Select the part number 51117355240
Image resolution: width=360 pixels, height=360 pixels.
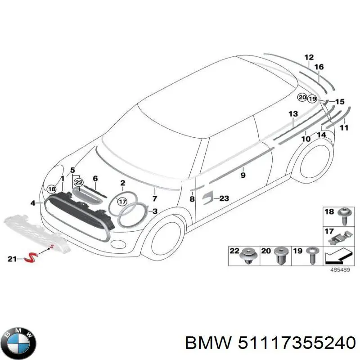293,343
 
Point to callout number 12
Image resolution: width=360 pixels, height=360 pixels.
309,57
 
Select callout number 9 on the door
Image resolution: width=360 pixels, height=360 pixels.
243,175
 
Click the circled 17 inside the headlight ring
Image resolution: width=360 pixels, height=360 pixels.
122,202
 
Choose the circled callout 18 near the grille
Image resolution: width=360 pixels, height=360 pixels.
52,189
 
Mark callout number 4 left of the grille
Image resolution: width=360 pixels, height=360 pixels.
33,203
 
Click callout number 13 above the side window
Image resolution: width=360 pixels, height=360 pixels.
293,113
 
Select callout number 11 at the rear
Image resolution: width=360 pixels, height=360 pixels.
344,128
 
